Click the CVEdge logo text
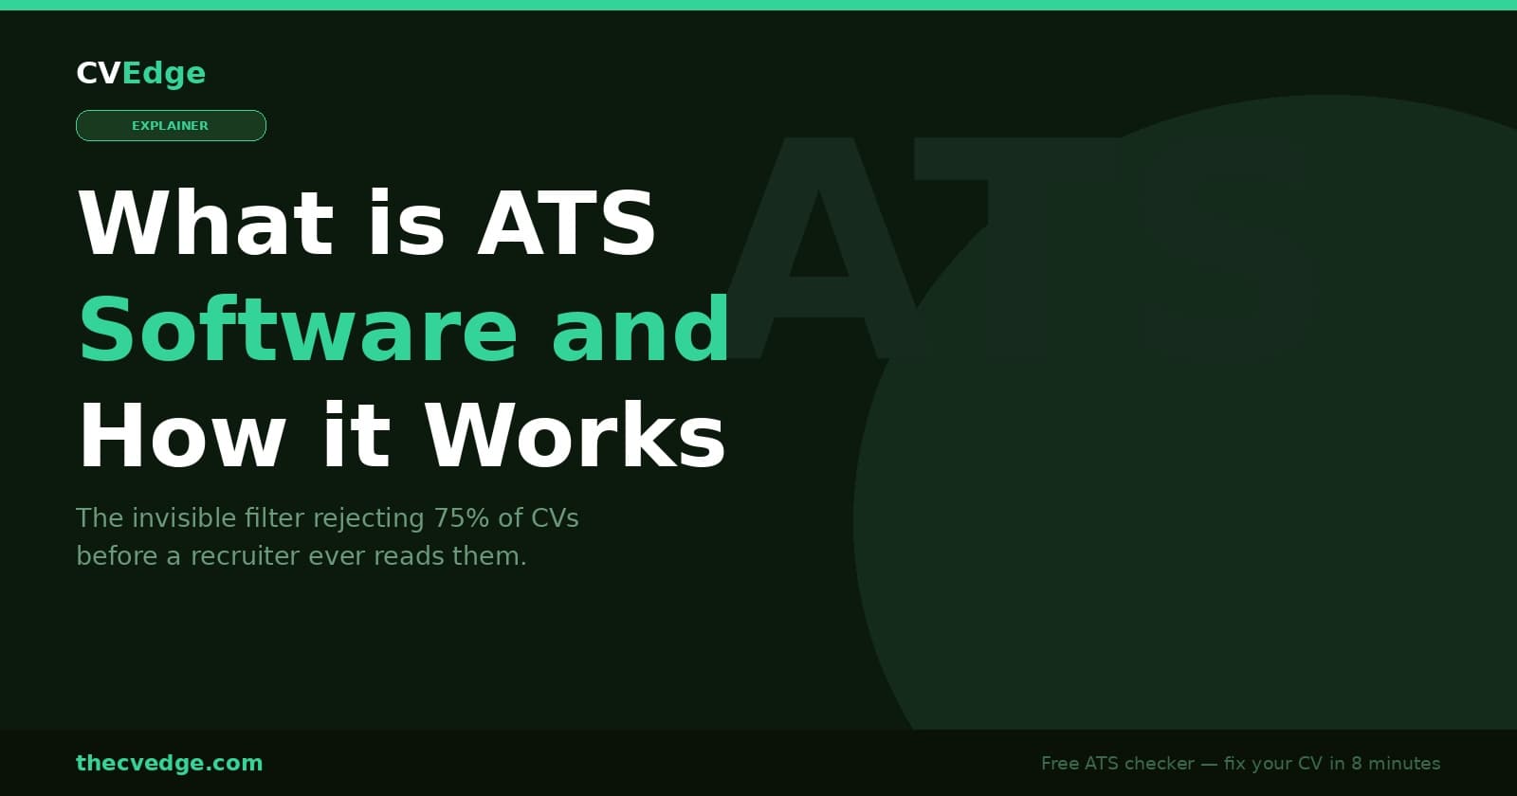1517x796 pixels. [140, 73]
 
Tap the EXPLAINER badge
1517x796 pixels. [171, 125]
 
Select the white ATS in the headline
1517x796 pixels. [566, 224]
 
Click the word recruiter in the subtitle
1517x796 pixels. [246, 556]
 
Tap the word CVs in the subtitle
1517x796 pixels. [555, 518]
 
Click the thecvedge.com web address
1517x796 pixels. [169, 763]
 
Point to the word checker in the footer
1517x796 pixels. [1159, 764]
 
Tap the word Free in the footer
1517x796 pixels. [1060, 764]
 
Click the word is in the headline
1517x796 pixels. [406, 224]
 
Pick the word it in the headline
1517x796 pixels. [356, 436]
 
